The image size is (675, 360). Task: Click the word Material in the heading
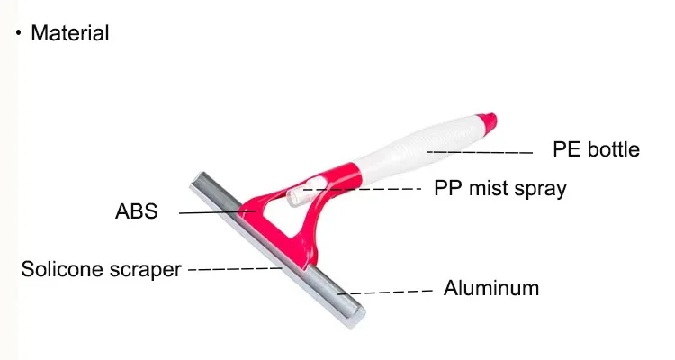click(x=70, y=34)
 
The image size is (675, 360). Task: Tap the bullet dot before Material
click(x=19, y=33)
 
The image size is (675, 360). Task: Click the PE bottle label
click(x=596, y=149)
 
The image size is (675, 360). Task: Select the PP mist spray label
click(x=500, y=189)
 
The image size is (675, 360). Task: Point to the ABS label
click(x=137, y=212)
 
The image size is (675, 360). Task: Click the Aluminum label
click(x=491, y=289)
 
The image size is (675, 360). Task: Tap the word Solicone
click(x=64, y=269)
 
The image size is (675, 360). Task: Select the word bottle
click(x=614, y=149)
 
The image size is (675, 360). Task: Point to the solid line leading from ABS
click(x=216, y=211)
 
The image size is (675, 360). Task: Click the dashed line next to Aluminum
click(x=391, y=292)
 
